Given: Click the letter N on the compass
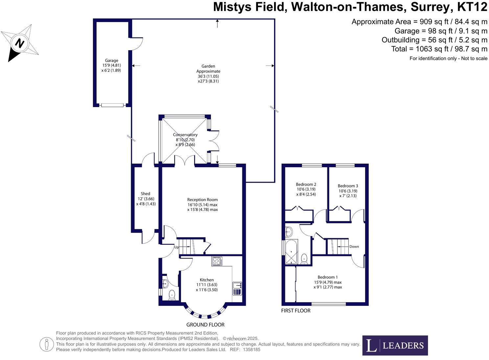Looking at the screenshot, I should click(20, 43).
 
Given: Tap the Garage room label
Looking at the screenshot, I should click(111, 60).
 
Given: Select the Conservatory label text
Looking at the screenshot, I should click(185, 135).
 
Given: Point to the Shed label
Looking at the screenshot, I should click(146, 194).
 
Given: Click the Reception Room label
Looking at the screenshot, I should click(202, 200).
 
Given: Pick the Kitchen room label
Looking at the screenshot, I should click(207, 280).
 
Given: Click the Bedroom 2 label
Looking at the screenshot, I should click(306, 184).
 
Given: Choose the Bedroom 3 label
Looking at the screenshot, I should click(348, 186).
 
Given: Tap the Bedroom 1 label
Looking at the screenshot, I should click(328, 277).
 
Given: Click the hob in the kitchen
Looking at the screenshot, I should click(217, 261).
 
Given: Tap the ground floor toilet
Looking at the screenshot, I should click(172, 295).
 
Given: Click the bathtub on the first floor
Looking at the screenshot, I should click(291, 252).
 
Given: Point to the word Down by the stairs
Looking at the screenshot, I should click(354, 247).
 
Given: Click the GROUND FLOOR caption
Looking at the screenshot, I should click(205, 325).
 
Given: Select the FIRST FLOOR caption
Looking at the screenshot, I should click(296, 311).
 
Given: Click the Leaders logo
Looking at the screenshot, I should click(395, 345).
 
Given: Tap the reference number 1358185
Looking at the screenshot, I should click(251, 350).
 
